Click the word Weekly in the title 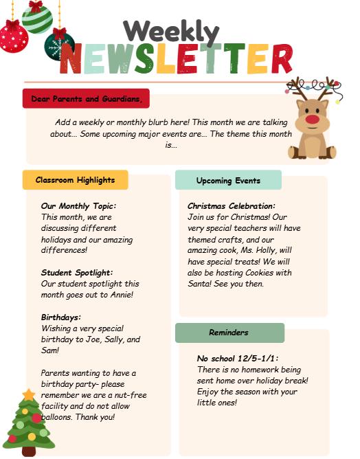click(x=171, y=31)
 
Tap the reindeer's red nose click(x=313, y=120)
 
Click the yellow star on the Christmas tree click(x=28, y=394)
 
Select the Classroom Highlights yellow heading click(x=76, y=180)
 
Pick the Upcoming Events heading click(x=228, y=181)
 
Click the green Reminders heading click(x=229, y=333)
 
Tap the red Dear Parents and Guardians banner click(x=86, y=99)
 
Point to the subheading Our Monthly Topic click(x=78, y=205)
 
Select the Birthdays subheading click(x=61, y=317)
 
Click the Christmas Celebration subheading click(x=231, y=205)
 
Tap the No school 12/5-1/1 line click(x=237, y=359)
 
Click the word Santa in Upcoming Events click(x=200, y=284)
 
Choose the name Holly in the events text click(x=268, y=251)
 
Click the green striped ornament click(x=36, y=17)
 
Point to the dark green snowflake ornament click(x=60, y=46)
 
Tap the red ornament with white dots click(x=13, y=38)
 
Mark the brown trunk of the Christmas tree click(x=28, y=451)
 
